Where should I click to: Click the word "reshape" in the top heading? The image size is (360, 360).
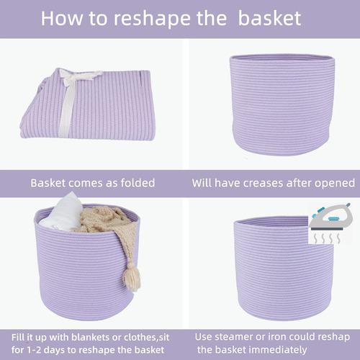(153, 19)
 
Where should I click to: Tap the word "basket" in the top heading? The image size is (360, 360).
(269, 18)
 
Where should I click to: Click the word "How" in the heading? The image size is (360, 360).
(62, 18)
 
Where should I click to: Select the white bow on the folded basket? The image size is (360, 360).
(76, 96)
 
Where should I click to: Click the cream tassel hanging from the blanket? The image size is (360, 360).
(132, 276)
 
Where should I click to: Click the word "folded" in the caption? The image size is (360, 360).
(138, 183)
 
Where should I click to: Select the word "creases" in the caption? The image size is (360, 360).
(264, 183)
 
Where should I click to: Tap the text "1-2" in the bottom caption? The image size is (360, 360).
(32, 350)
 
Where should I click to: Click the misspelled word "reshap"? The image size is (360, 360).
(333, 338)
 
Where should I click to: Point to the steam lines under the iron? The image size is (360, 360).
(327, 238)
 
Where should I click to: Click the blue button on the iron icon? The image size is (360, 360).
(333, 218)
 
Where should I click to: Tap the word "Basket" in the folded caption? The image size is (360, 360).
(48, 183)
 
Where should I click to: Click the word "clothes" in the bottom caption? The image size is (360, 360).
(140, 338)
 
